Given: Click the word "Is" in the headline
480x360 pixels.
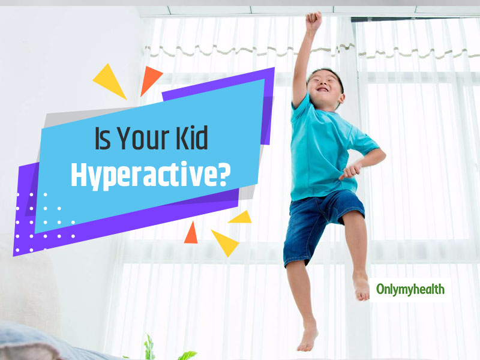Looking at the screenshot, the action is tap(102, 138).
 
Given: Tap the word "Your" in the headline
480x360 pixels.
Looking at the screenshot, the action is tap(143, 138).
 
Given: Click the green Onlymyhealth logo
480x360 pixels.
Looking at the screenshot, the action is tap(410, 289).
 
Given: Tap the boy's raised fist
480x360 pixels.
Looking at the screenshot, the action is tap(313, 20).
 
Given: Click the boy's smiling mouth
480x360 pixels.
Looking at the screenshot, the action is tap(322, 89).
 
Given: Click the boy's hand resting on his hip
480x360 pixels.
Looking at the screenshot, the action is tap(351, 170).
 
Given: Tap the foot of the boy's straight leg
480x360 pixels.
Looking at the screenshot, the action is tap(307, 336).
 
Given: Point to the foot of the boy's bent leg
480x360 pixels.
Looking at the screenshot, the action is tap(362, 287).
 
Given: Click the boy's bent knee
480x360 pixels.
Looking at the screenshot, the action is tap(352, 221).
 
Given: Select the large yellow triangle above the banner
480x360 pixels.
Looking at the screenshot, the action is tap(110, 80).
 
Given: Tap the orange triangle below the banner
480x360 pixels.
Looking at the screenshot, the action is tap(191, 233).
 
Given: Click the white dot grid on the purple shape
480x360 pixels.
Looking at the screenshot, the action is tap(45, 222).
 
